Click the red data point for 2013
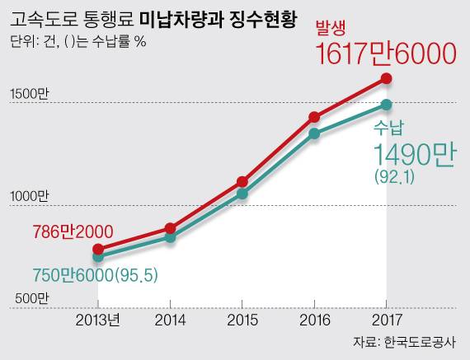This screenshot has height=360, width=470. click(98, 249)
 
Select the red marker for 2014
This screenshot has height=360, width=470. click(170, 228)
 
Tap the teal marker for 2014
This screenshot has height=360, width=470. click(170, 237)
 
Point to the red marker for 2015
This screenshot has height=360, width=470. click(242, 181)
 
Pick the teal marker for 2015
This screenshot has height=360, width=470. click(242, 194)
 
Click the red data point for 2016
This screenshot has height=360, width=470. click(314, 117)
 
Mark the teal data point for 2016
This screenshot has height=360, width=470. click(314, 133)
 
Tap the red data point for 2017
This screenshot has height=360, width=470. click(386, 79)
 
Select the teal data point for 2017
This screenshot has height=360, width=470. click(386, 105)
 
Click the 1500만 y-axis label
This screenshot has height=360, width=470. click(30, 95)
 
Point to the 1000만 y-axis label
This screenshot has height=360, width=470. click(30, 197)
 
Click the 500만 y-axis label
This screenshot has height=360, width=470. click(30, 297)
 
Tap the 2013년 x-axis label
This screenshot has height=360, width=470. click(98, 319)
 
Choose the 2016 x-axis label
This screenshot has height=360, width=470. click(314, 319)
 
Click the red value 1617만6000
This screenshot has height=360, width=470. click(386, 54)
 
